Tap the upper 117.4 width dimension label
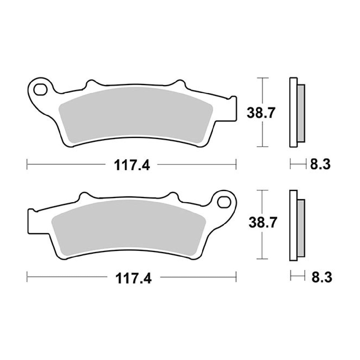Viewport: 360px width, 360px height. click(x=132, y=165)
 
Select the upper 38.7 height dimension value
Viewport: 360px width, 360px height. click(x=261, y=113)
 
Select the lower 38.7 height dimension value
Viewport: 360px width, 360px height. click(x=263, y=222)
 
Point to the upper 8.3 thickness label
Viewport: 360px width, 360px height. click(x=320, y=164)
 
